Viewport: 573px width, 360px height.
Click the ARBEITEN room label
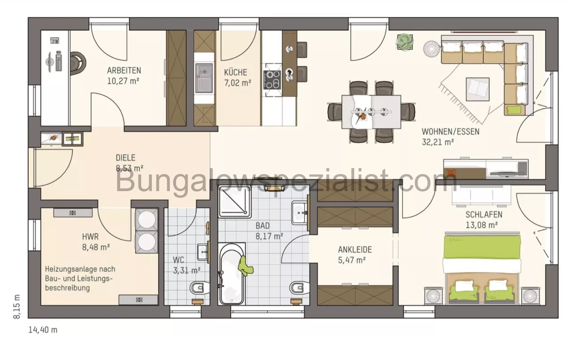124,70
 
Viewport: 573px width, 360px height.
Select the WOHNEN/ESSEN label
450,131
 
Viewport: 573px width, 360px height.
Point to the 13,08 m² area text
481,225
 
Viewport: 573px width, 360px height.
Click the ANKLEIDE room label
355,250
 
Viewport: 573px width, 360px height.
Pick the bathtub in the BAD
231,274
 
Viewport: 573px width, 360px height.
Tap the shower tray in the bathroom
235,202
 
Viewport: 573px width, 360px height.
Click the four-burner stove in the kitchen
272,80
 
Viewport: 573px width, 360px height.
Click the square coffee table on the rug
478,89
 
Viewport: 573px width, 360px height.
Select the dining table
371,111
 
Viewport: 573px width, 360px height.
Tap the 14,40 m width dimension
43,330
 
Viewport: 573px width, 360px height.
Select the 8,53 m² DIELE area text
130,169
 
